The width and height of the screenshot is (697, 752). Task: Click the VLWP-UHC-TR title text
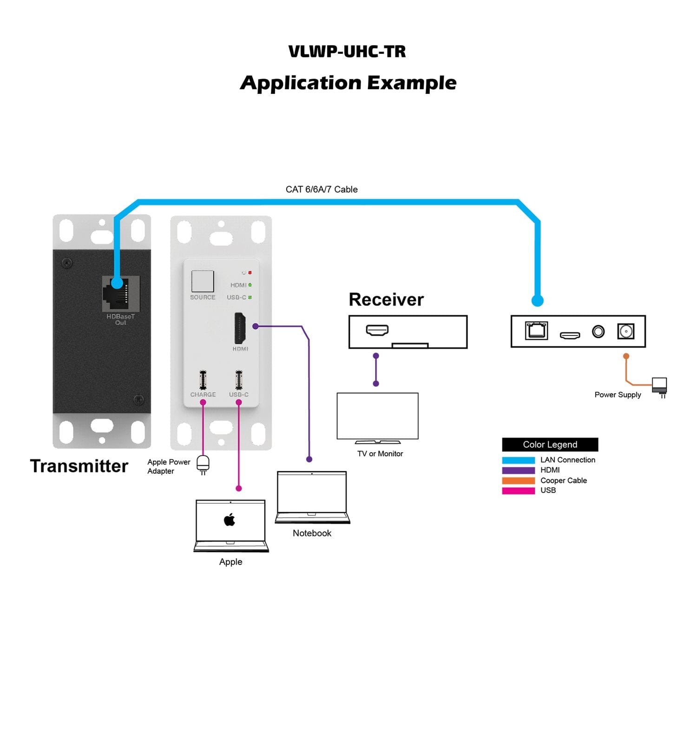347,52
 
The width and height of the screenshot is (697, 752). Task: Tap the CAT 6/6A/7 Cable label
322,189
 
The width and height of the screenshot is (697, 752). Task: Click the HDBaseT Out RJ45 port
120,294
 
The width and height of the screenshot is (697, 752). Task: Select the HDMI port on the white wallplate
240,328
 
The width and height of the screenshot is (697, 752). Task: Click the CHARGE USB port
203,380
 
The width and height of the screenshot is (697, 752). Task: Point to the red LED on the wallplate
250,273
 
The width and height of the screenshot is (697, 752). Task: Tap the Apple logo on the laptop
230,520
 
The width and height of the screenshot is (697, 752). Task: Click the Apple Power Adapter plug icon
203,464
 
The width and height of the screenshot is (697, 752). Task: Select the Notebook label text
312,533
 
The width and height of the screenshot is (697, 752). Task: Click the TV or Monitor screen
377,416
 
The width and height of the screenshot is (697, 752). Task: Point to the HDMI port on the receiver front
377,330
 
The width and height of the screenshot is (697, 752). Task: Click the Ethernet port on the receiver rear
536,330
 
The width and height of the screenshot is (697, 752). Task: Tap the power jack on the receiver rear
625,331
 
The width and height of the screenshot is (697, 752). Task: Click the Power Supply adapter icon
659,386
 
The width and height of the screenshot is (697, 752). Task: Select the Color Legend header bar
550,444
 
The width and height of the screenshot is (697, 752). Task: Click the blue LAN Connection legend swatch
518,460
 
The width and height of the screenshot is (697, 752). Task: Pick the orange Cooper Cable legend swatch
518,481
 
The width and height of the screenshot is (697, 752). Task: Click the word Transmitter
79,466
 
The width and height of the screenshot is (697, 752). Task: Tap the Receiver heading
386,300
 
